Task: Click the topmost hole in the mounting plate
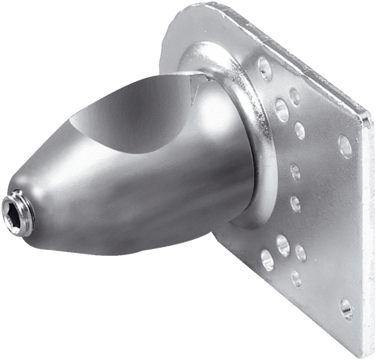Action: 264,68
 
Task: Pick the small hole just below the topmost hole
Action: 294,96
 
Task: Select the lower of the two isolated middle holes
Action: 296,203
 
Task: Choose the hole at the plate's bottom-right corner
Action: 346,307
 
